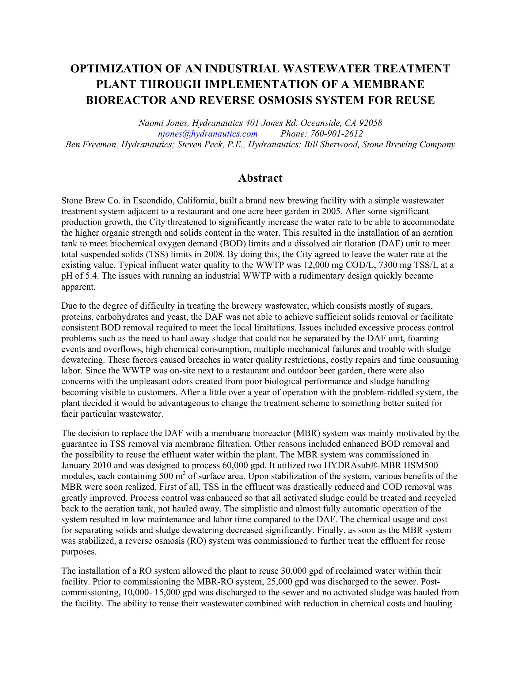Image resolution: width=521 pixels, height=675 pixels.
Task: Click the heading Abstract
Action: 260,178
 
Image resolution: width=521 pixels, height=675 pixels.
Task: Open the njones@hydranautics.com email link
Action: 207,134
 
